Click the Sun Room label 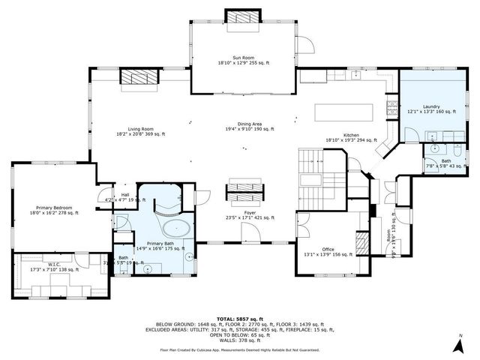(239, 60)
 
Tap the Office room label (328, 251)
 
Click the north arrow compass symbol (458, 344)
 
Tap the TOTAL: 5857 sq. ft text (240, 318)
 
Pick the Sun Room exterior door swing (303, 44)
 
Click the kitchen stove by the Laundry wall (391, 113)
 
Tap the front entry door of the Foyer (250, 235)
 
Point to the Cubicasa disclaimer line (240, 349)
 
